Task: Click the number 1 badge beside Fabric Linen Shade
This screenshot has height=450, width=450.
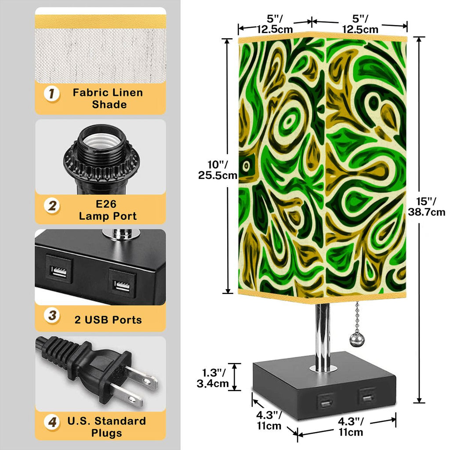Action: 52,94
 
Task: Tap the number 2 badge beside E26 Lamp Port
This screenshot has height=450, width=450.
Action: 52,206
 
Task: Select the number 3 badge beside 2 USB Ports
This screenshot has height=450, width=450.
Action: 52,316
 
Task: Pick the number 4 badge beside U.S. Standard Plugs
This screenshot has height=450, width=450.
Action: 52,422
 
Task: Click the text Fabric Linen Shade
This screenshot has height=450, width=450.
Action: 108,98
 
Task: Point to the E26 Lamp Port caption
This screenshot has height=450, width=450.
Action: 108,210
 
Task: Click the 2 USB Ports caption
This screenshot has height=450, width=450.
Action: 108,320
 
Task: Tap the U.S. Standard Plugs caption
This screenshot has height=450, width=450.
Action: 107,427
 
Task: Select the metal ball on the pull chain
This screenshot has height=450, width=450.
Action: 357,340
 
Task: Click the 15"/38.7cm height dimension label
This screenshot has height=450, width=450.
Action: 426,207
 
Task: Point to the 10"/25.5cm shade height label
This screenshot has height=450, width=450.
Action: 218,170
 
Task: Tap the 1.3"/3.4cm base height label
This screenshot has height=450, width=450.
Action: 213,378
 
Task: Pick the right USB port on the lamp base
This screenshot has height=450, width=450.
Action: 367,397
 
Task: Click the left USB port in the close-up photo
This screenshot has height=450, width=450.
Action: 59,270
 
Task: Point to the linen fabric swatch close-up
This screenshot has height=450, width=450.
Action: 101,55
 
